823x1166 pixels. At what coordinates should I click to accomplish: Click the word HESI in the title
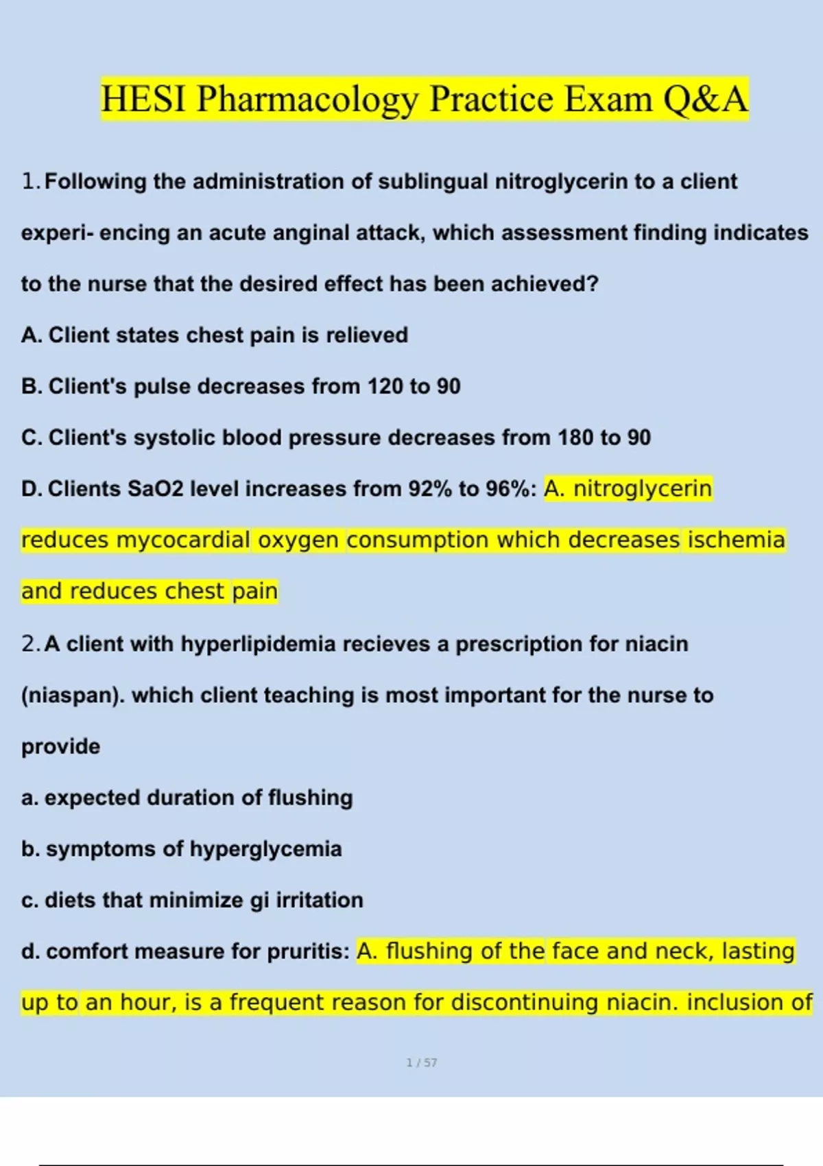pyautogui.click(x=143, y=99)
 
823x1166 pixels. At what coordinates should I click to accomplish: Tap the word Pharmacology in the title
pyautogui.click(x=307, y=100)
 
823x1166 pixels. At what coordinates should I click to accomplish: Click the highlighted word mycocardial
pyautogui.click(x=182, y=540)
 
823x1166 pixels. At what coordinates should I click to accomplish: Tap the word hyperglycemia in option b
pyautogui.click(x=265, y=849)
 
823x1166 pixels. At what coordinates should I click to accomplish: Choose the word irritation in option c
pyautogui.click(x=319, y=900)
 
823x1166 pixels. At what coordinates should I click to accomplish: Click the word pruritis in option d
pyautogui.click(x=308, y=952)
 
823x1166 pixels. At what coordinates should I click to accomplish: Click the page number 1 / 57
pyautogui.click(x=421, y=1062)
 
